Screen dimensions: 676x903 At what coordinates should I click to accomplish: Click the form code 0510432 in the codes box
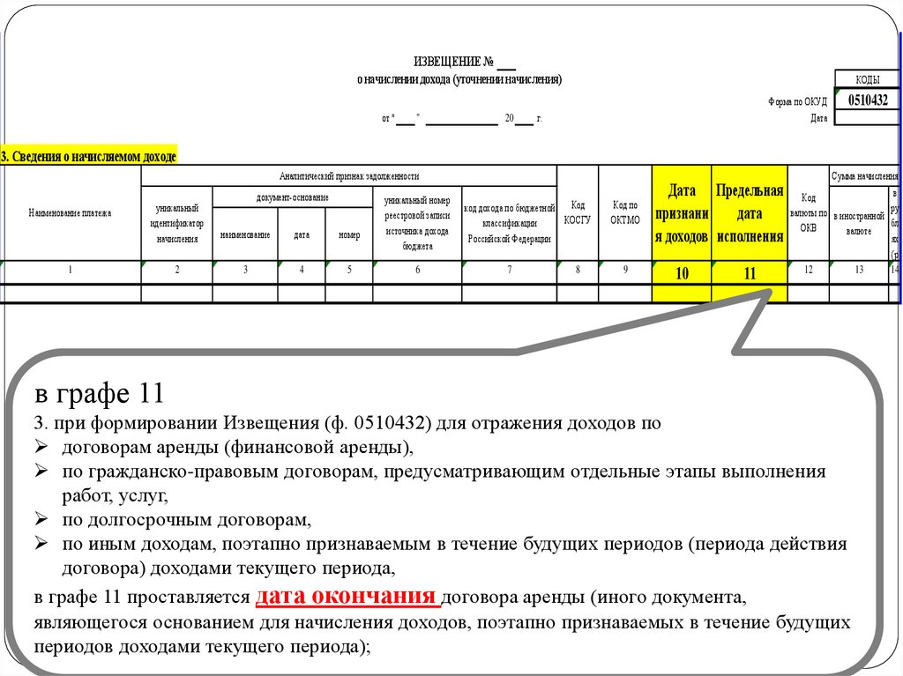867,100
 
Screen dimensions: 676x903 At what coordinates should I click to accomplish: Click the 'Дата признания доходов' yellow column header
682,213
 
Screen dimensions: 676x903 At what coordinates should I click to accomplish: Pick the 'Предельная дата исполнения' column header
749,213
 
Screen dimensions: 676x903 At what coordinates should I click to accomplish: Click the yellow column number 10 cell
682,273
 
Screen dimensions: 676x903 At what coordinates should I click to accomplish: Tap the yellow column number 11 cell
749,273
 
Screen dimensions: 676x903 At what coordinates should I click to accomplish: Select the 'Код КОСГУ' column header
578,213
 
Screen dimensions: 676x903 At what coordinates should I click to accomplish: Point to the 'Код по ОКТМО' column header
624,213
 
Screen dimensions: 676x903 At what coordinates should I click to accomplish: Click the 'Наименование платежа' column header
71,213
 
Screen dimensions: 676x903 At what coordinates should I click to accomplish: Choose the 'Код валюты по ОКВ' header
809,213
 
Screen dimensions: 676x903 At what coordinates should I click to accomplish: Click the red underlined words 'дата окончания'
347,596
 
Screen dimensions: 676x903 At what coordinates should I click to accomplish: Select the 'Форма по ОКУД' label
797,101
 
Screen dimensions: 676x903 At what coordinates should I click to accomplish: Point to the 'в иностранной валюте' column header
859,224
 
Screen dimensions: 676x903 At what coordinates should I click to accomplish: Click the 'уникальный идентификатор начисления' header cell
176,224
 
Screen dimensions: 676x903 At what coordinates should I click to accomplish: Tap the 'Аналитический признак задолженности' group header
348,176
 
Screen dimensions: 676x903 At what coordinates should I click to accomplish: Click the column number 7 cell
509,271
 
